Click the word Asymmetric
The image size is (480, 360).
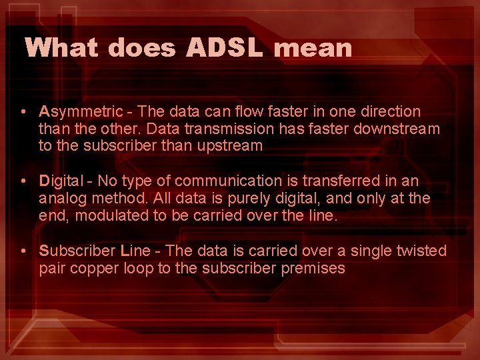[81, 112]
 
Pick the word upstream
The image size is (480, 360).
[229, 145]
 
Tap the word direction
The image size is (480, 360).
[389, 111]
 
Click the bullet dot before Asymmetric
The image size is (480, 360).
[24, 112]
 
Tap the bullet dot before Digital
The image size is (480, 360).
[24, 181]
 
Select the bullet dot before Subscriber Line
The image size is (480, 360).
[24, 251]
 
